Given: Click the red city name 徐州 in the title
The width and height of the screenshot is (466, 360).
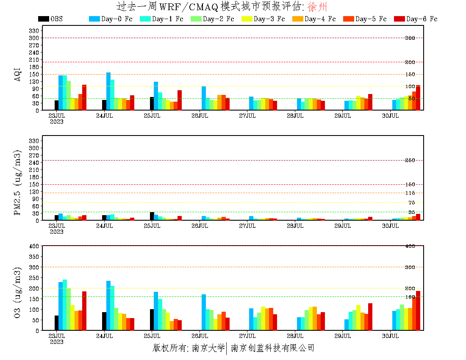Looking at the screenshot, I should pos(317,7).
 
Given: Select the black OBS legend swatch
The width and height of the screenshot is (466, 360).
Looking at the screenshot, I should pos(43,19).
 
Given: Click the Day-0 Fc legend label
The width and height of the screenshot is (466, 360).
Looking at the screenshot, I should pos(116,19).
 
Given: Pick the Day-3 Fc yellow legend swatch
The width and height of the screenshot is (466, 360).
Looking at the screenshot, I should pos(247,19).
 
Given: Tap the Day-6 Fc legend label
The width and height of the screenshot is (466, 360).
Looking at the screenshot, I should pos(422,19).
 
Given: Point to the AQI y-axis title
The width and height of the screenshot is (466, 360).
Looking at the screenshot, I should pos(18,74).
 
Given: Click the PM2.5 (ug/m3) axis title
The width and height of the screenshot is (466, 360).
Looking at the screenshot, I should pos(18,182).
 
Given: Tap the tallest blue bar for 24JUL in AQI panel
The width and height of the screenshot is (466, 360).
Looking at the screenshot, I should pos(108,91).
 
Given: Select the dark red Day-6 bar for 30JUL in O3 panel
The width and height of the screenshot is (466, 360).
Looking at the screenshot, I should pos(418,310).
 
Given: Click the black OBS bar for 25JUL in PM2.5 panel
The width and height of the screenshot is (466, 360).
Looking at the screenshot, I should pos(152,216).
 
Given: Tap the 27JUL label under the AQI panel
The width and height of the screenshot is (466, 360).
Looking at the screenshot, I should pos(247,116).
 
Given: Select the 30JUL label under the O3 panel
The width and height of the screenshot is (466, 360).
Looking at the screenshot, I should pos(391,336).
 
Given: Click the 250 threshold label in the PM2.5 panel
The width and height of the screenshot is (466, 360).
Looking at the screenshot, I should pos(410,161).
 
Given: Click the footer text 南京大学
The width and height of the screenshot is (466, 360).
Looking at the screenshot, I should pos(208,348).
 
